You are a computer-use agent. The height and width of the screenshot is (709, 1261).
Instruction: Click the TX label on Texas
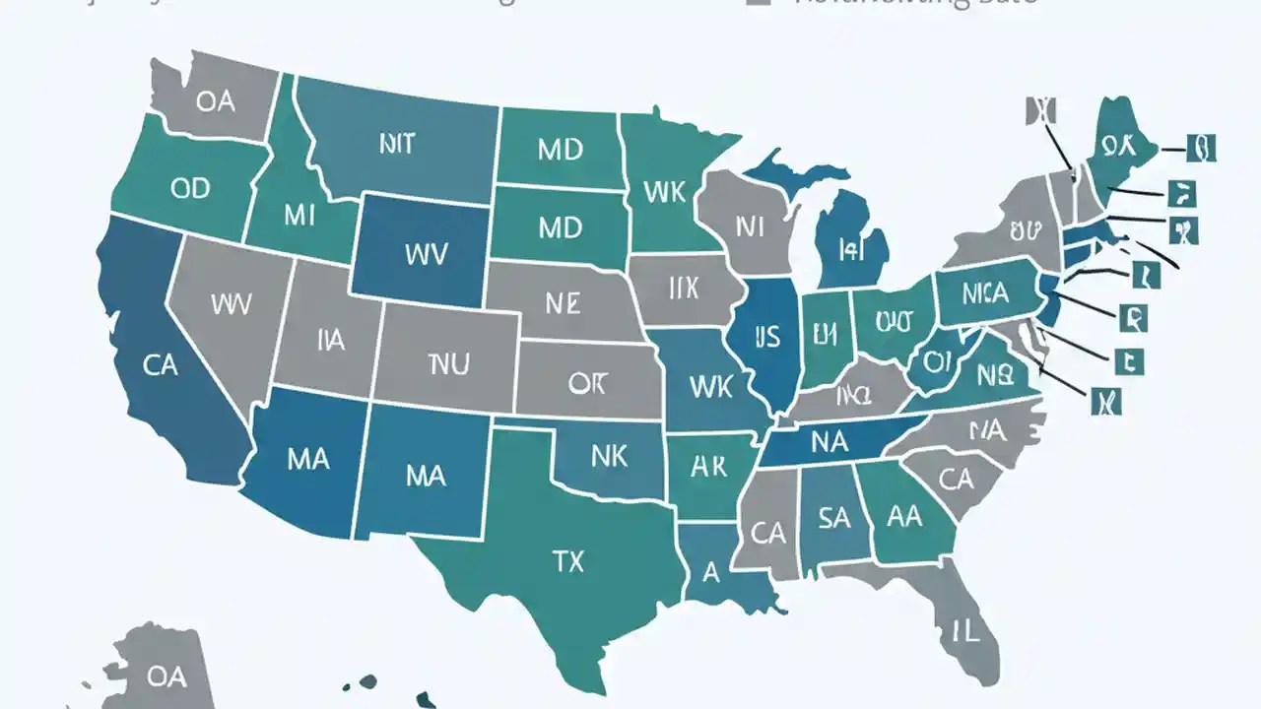click(x=567, y=561)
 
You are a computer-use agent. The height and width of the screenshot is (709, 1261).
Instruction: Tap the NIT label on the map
click(x=396, y=145)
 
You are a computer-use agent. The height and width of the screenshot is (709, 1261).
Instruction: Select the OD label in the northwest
click(x=190, y=188)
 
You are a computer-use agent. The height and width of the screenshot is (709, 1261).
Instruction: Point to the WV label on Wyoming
click(x=426, y=254)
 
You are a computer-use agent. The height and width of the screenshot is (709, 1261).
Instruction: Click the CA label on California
click(x=160, y=365)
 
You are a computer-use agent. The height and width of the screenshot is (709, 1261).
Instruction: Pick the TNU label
click(x=449, y=365)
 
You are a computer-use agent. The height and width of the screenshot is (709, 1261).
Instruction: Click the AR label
click(x=707, y=467)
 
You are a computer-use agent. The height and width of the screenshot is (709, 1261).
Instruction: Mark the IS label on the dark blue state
click(x=766, y=337)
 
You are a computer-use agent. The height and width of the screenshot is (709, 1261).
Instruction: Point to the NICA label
click(x=984, y=292)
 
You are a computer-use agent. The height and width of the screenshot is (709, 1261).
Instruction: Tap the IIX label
click(x=682, y=289)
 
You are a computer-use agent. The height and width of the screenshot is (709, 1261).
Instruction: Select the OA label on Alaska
click(x=166, y=677)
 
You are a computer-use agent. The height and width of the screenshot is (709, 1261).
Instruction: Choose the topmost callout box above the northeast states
click(x=1038, y=110)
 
